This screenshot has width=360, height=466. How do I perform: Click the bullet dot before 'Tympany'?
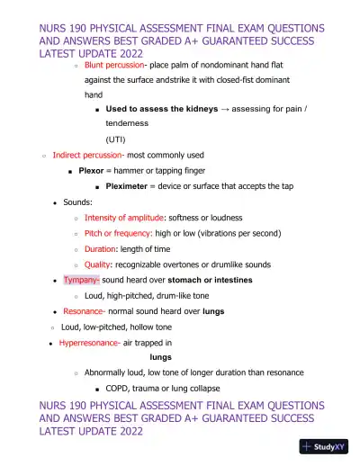tap(55, 281)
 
